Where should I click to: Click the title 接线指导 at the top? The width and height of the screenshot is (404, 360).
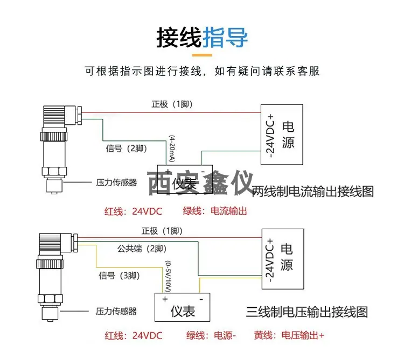point(202,38)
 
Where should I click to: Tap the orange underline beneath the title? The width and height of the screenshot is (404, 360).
point(202,55)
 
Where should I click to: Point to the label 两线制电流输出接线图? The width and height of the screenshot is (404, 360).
point(313,192)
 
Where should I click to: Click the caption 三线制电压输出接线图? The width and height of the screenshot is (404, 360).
point(307,312)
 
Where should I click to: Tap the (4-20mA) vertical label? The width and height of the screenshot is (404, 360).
point(172,149)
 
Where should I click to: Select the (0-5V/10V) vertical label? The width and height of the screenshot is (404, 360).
point(168,277)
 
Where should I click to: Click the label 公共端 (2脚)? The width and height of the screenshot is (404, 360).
point(142,249)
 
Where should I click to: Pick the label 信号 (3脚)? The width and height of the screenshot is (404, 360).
point(119,276)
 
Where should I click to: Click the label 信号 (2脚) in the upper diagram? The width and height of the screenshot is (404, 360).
point(126,149)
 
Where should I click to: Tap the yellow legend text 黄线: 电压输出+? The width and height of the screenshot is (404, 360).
point(289,336)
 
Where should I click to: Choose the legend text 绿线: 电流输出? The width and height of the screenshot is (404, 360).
point(215,211)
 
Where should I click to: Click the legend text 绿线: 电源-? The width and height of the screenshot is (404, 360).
point(211,336)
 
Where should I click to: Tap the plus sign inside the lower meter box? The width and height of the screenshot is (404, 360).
point(165,299)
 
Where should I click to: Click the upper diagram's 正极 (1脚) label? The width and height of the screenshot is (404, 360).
point(172,104)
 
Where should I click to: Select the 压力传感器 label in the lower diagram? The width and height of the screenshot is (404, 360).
point(116,312)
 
